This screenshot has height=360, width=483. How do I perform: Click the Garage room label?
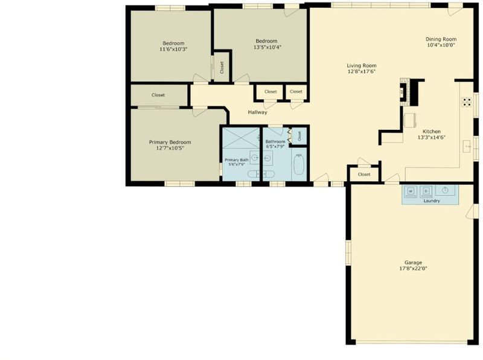(x=413, y=262)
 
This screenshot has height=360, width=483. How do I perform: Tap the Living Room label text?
(x=362, y=65)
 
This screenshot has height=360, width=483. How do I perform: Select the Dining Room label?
(x=441, y=39)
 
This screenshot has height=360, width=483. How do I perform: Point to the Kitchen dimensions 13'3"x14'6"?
(x=432, y=138)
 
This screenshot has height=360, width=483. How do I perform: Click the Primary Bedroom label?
(x=170, y=142)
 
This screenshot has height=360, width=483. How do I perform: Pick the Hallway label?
(x=258, y=112)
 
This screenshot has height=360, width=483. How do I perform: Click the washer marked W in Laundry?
(x=411, y=191)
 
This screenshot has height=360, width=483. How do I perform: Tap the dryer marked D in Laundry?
(x=426, y=191)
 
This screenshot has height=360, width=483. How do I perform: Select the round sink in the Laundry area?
(x=445, y=190)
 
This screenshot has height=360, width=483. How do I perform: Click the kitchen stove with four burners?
(x=467, y=102)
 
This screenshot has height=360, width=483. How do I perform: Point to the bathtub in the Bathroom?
(x=299, y=165)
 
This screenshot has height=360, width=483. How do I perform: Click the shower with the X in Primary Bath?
(x=241, y=138)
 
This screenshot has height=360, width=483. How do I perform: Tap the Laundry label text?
(x=432, y=201)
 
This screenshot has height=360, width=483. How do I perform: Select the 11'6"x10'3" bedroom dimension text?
(x=173, y=49)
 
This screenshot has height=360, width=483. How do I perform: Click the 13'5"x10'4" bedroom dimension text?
(x=267, y=47)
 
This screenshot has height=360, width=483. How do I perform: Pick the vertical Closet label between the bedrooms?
(x=222, y=68)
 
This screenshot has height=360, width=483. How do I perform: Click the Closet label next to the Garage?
(x=364, y=175)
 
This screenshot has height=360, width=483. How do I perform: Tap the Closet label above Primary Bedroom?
(x=158, y=95)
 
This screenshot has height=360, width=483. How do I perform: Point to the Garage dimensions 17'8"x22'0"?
(x=413, y=268)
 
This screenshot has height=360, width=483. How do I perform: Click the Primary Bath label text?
(x=237, y=160)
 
